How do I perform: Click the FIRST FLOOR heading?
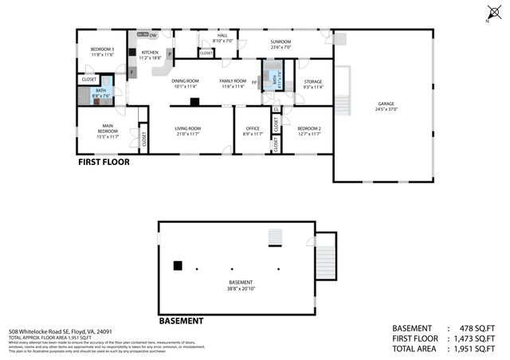point(104,162)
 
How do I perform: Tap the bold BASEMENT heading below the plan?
point(181,321)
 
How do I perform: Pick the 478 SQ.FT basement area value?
point(477,328)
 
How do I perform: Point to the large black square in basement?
point(178,265)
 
